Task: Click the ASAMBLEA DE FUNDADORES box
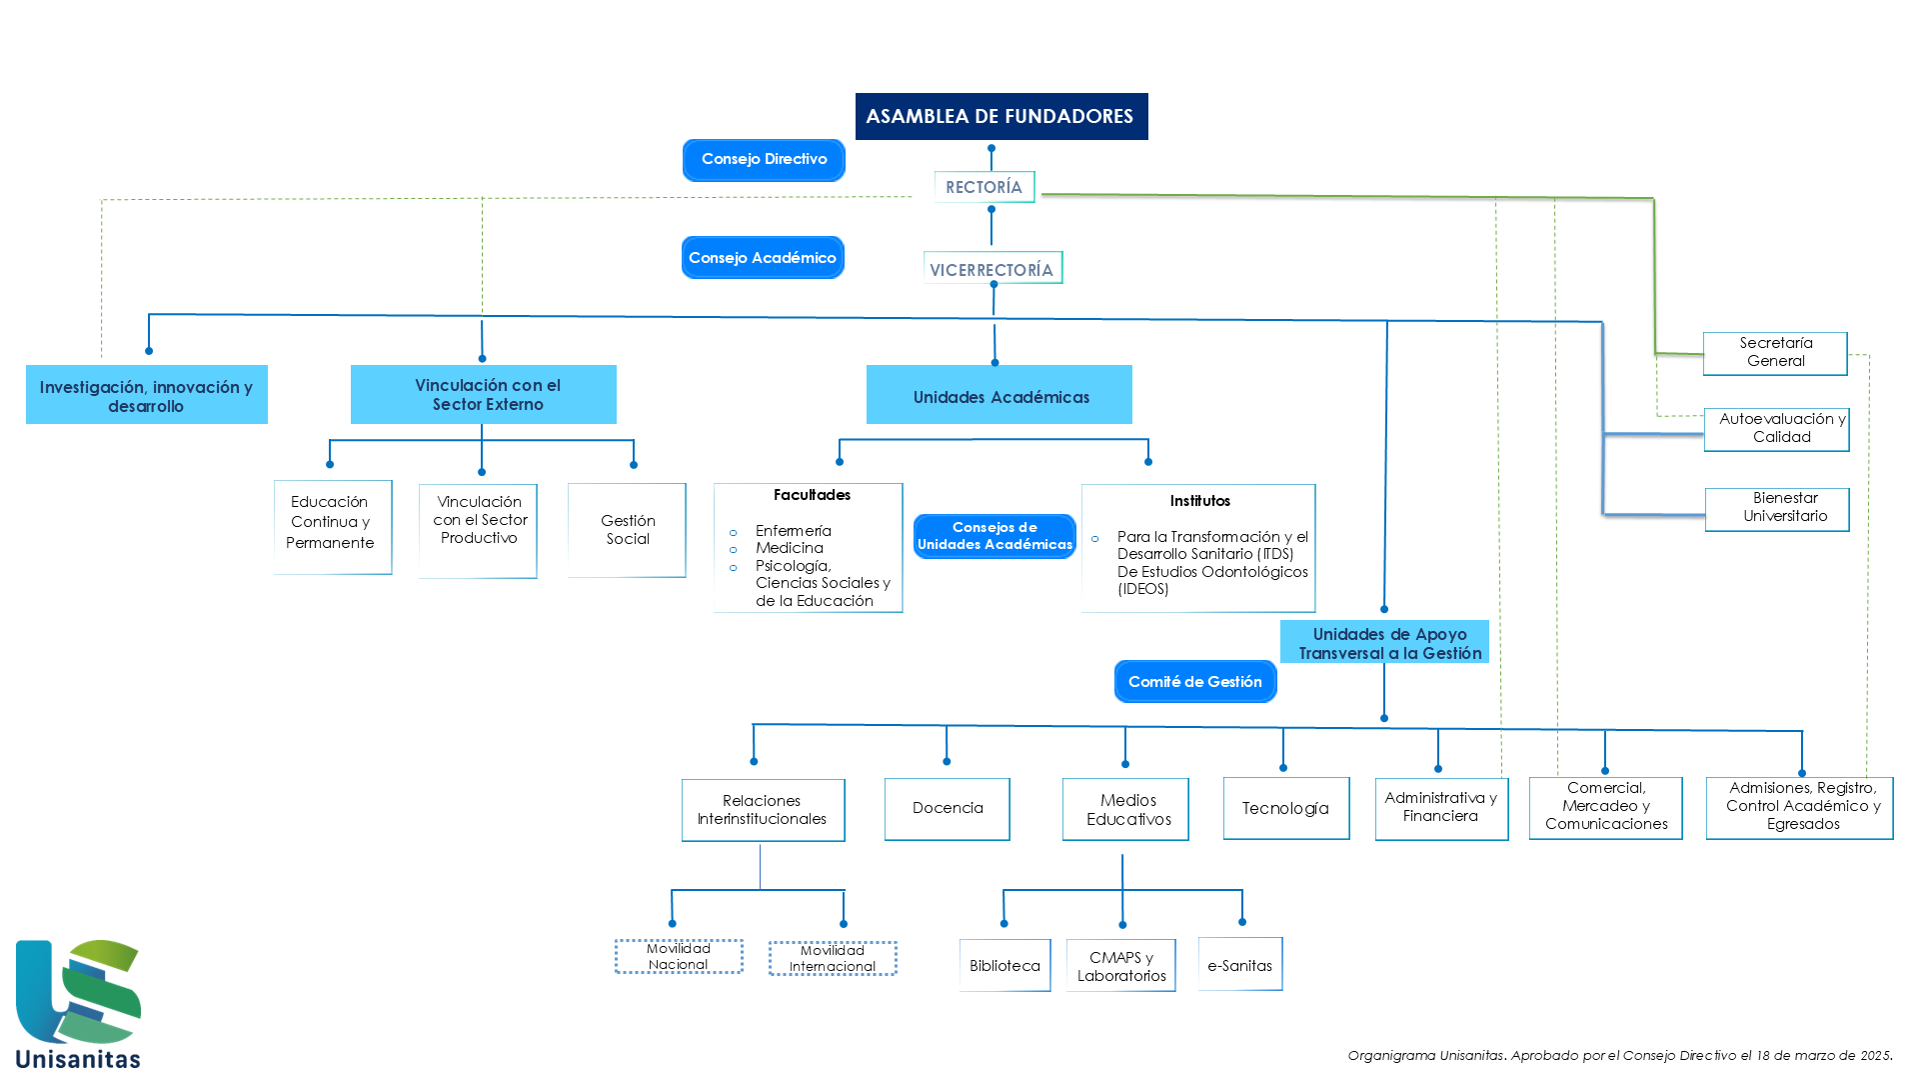[1001, 116]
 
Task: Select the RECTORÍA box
[984, 187]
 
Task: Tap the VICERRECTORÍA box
[992, 268]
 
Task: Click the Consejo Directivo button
[764, 160]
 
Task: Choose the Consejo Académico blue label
[763, 258]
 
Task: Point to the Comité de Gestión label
[1195, 682]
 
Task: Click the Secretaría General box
[1775, 353]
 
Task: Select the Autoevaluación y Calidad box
[1777, 429]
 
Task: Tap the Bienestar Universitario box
[1777, 509]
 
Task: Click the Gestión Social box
[627, 530]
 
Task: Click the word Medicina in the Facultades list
[790, 548]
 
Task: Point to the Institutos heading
[1199, 501]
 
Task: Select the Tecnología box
[1286, 808]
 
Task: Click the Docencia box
[948, 809]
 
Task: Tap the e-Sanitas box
[1240, 964]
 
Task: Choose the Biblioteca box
[1005, 965]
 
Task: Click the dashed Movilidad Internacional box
[833, 958]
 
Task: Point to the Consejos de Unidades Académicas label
[994, 536]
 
